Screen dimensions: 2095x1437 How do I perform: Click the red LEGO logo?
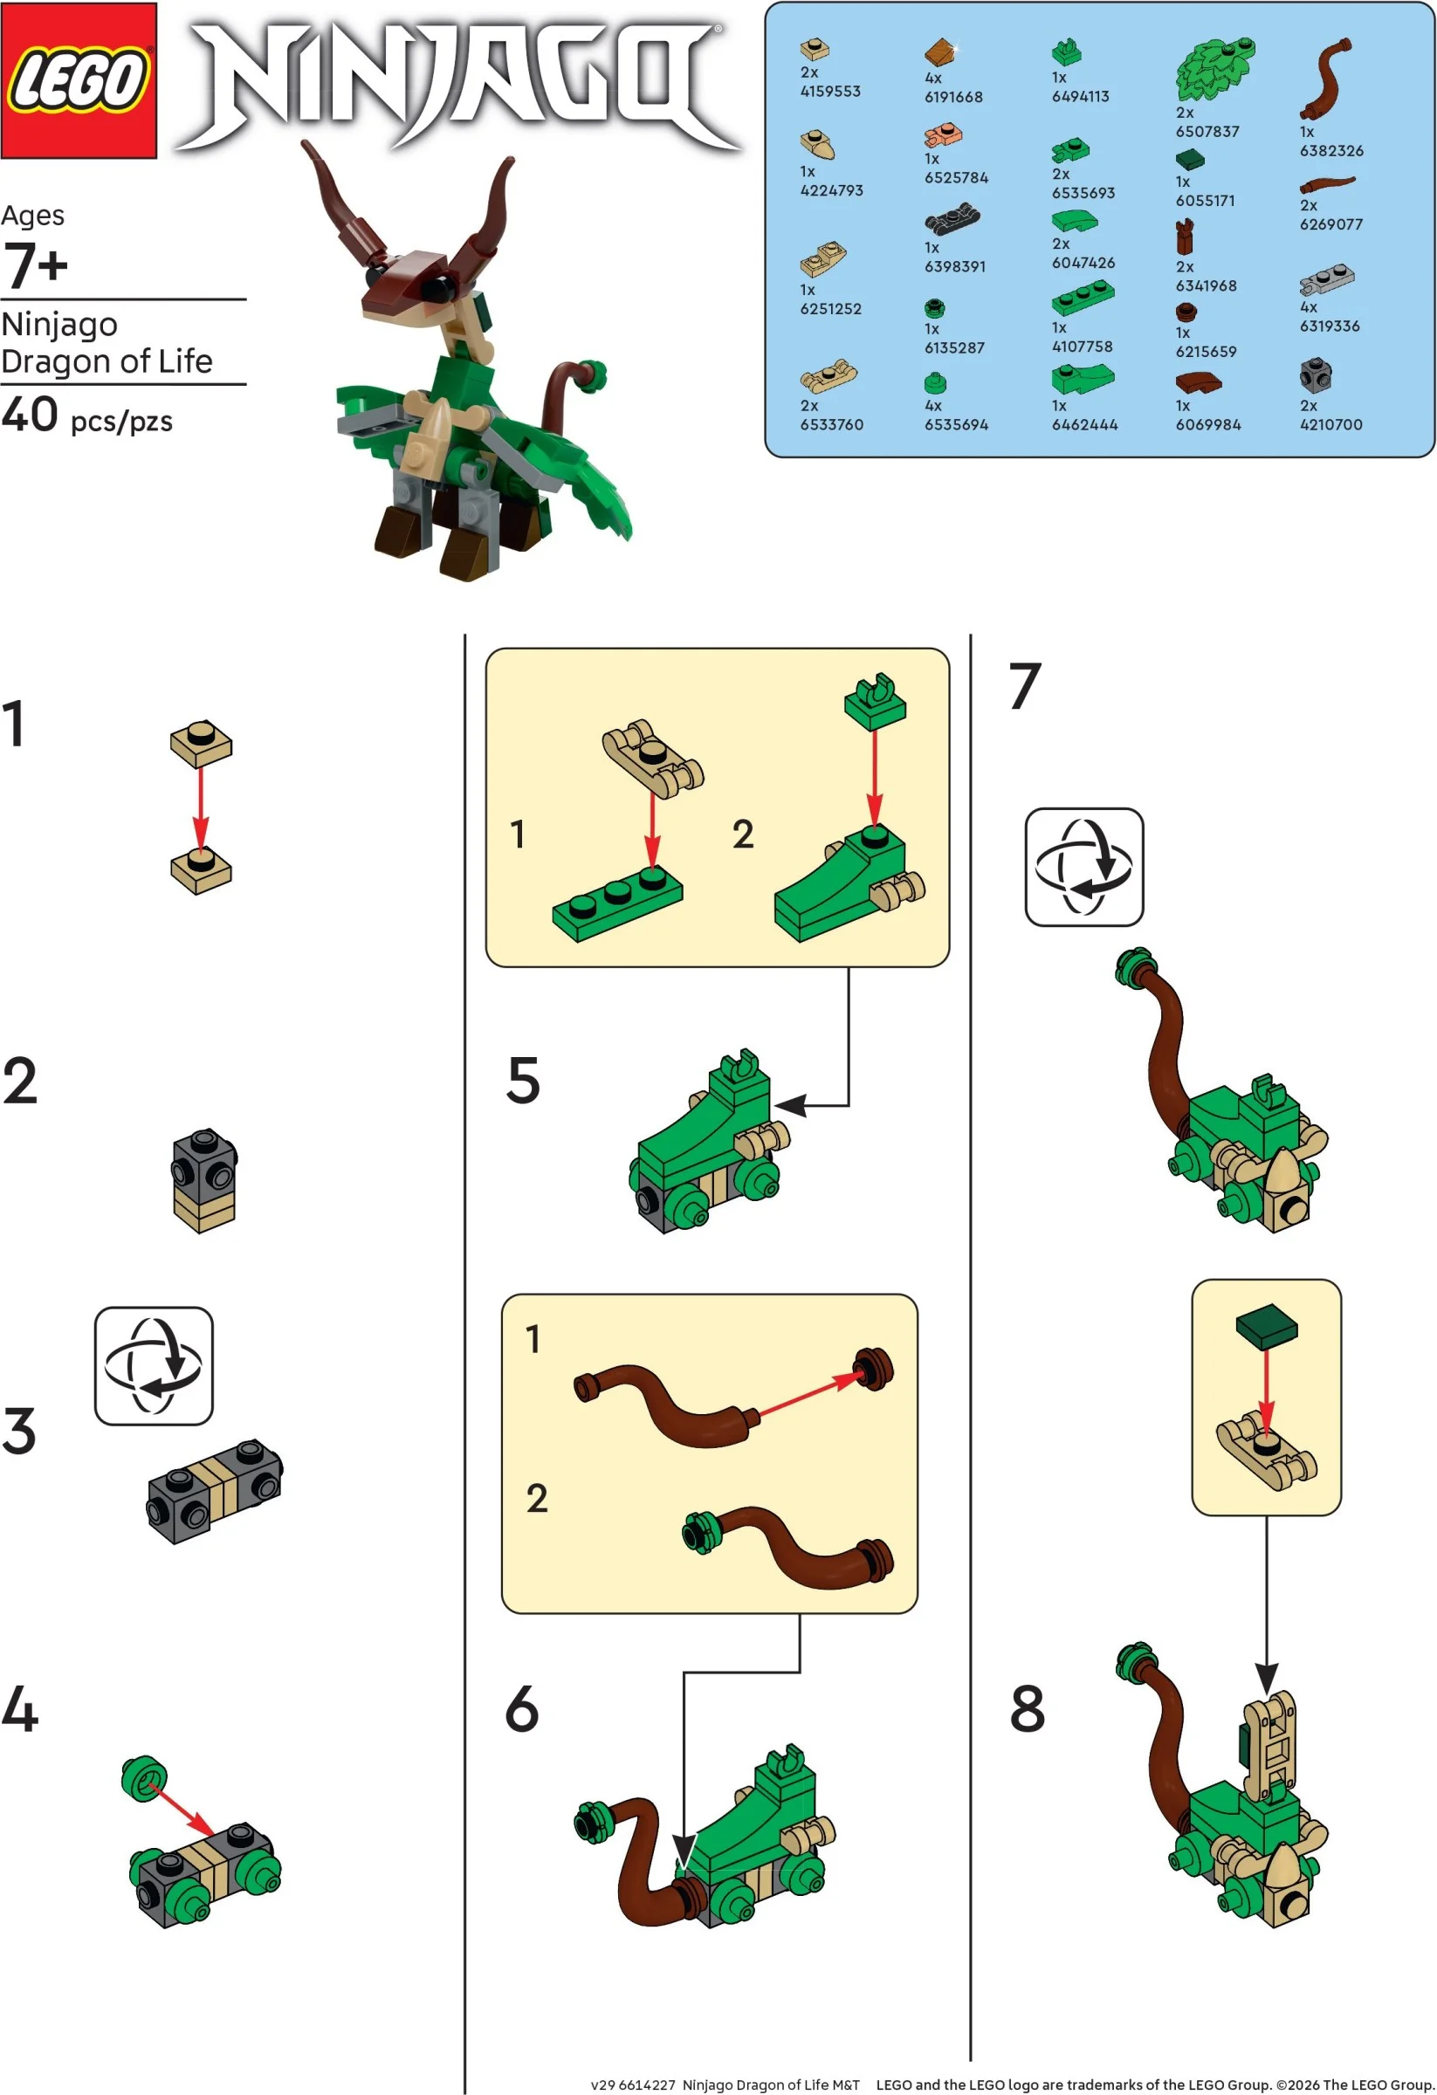coord(79,80)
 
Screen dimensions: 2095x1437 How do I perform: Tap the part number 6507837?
coord(1207,132)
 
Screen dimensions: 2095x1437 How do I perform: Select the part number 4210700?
coord(1330,423)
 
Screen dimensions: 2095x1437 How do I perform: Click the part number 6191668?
coord(952,96)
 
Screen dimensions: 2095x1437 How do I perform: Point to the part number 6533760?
coord(830,423)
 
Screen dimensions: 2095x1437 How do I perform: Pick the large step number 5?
coord(523,1080)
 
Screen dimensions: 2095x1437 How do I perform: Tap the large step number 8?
coord(1027,1707)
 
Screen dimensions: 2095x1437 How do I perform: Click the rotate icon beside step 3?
coord(154,1365)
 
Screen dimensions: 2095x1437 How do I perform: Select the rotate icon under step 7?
coord(1083,866)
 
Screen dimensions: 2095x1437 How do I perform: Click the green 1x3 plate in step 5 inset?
coord(616,905)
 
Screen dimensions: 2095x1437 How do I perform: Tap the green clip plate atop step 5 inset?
coord(875,699)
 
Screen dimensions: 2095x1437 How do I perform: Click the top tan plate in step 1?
coord(201,743)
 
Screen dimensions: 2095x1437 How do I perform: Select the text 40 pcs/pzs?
coord(86,416)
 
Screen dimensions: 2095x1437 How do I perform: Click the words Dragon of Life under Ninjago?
coord(107,361)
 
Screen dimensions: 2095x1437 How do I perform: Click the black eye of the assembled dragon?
coord(438,287)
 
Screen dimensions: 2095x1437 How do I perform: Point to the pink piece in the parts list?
coord(943,136)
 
